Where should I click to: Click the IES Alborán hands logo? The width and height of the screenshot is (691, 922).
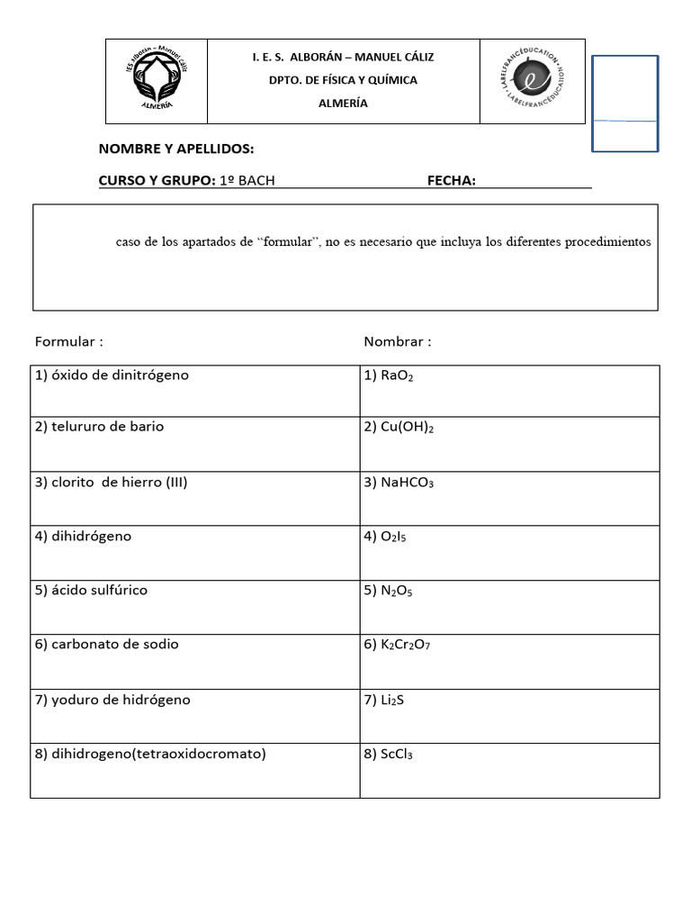pyautogui.click(x=157, y=81)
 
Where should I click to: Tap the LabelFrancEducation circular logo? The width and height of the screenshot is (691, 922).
pyautogui.click(x=532, y=80)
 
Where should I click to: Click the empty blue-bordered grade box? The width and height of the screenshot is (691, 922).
pyautogui.click(x=624, y=103)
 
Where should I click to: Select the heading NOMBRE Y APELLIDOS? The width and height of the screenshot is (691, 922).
pyautogui.click(x=176, y=149)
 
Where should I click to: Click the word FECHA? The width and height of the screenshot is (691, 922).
pyautogui.click(x=451, y=181)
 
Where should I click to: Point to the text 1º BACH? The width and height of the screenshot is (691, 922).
pyautogui.click(x=247, y=181)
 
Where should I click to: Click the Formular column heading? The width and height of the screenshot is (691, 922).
pyautogui.click(x=68, y=342)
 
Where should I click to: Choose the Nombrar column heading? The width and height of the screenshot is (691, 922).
pyautogui.click(x=397, y=342)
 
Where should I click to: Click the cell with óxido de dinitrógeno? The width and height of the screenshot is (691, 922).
pyautogui.click(x=112, y=375)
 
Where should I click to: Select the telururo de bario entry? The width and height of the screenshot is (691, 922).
pyautogui.click(x=99, y=427)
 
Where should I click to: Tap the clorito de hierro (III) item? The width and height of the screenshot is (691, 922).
pyautogui.click(x=111, y=483)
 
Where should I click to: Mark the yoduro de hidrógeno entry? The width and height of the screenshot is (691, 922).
pyautogui.click(x=112, y=700)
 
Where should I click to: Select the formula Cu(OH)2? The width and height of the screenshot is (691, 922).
pyautogui.click(x=399, y=428)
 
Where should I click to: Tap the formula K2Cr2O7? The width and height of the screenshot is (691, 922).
pyautogui.click(x=403, y=646)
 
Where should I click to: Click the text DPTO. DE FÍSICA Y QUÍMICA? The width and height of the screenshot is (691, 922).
pyautogui.click(x=343, y=80)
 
